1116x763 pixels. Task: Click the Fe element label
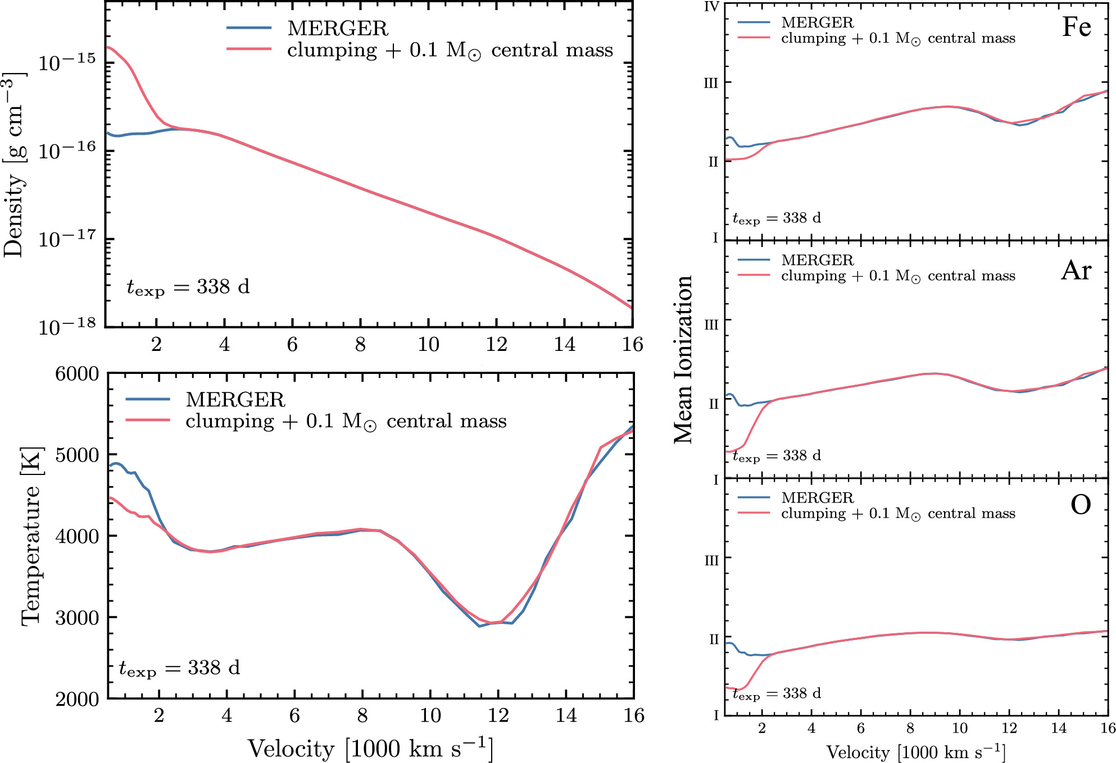pos(1076,27)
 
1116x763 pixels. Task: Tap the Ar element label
pos(1076,271)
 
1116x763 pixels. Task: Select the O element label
pos(1080,504)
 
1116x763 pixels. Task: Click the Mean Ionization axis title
pos(683,359)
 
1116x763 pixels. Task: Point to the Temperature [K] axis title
pos(31,536)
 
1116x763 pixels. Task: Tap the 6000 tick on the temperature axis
pos(77,374)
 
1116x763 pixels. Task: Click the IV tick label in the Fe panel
pos(711,7)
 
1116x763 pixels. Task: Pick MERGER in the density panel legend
pos(337,28)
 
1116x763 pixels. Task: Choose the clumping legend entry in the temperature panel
pos(346,421)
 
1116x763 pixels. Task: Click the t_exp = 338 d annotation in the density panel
pos(188,287)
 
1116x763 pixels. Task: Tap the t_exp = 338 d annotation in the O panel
pos(777,694)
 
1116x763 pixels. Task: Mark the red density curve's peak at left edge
pos(108,47)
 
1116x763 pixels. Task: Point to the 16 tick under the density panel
pos(632,344)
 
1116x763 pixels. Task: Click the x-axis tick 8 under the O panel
pos(910,728)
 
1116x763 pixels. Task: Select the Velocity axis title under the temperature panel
pos(370,749)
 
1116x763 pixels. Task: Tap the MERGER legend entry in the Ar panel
pos(817,260)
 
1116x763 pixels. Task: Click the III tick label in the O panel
pos(711,560)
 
